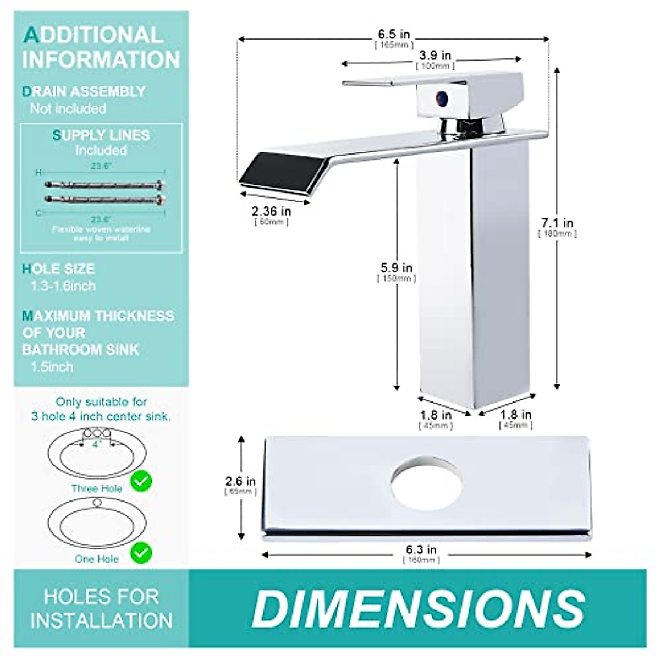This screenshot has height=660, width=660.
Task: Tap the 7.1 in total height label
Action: tap(557, 223)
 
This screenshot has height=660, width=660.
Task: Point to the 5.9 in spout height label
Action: tap(396, 268)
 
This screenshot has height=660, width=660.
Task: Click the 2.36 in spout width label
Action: tap(271, 211)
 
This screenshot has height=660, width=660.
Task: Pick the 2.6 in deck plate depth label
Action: tap(240, 482)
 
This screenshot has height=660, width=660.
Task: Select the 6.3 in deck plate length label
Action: tap(421, 550)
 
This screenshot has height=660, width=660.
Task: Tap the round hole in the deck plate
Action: tap(426, 481)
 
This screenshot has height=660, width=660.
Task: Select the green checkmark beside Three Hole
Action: tap(141, 482)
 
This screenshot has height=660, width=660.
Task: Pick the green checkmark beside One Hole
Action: tap(141, 552)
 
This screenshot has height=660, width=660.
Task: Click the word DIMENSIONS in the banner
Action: tap(418, 608)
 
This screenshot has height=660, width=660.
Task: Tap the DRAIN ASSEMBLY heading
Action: tap(84, 91)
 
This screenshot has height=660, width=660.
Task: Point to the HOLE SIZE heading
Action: tap(58, 269)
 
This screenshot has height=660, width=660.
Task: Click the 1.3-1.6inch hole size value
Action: tap(63, 286)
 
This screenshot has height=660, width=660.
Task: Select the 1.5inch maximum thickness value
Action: tap(52, 366)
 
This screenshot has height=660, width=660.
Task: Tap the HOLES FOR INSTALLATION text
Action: tap(101, 608)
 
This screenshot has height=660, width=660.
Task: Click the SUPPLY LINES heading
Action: tap(101, 135)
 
